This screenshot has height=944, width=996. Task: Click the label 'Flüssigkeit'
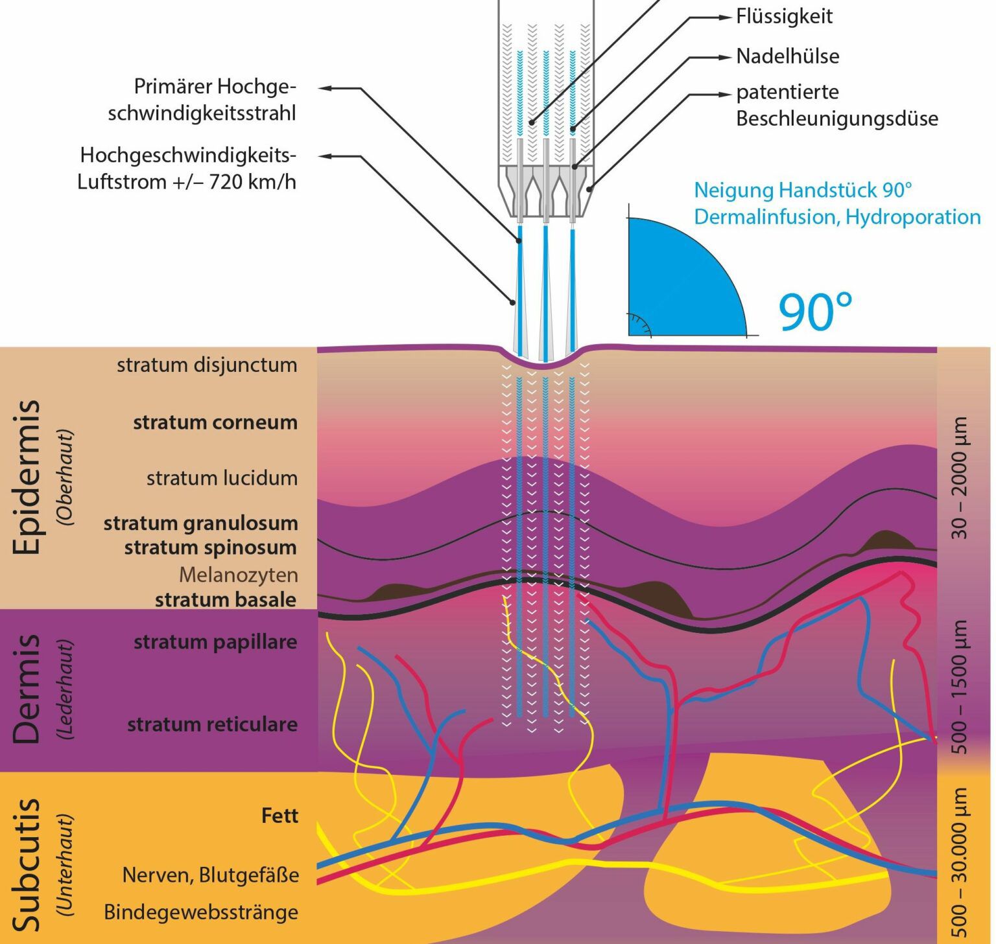pos(784,17)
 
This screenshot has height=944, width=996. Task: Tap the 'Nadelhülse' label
pos(787,56)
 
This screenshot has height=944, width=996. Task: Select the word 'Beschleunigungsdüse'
pos(836,119)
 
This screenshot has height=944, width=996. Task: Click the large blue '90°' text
pos(815,312)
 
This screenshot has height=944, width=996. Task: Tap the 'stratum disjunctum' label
pos(207,365)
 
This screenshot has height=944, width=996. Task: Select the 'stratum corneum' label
pos(215,422)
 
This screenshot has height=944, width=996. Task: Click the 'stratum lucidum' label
pos(222,478)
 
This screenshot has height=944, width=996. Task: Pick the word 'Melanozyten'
pos(238,575)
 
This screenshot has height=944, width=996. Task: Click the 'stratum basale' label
pos(225,599)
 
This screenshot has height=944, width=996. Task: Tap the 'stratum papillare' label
pos(215,642)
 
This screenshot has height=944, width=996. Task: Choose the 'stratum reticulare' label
pos(212,724)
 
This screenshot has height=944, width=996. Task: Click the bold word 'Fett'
pos(279,815)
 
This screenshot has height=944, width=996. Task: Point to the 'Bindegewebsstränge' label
pos(201,912)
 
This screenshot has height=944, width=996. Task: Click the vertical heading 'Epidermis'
pos(27,477)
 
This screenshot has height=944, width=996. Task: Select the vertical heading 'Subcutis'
pos(27,864)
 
